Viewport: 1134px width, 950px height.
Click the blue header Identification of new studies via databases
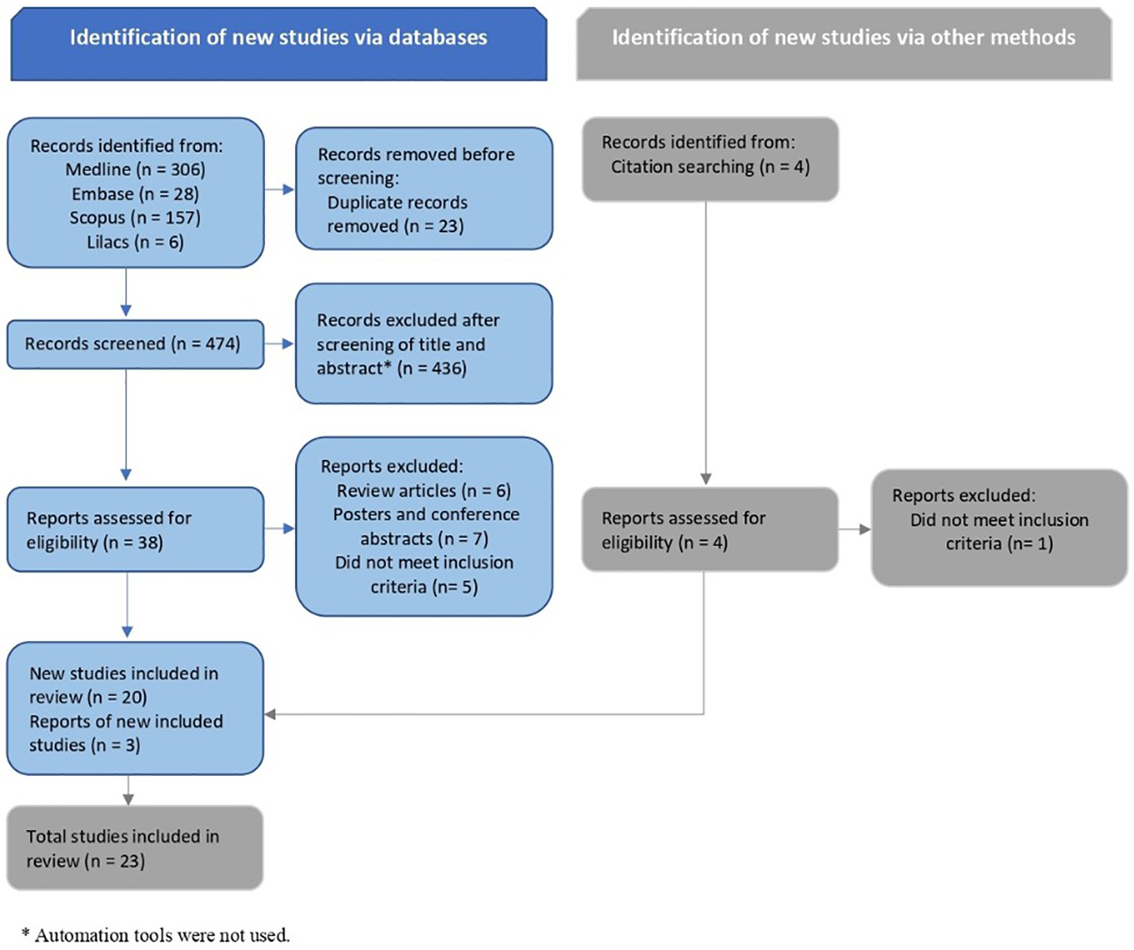point(278,38)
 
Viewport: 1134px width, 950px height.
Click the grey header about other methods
point(843,38)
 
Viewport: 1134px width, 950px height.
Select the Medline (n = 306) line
point(135,170)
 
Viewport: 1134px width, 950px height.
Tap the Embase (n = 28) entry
point(135,194)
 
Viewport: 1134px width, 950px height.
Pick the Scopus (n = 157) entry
point(135,218)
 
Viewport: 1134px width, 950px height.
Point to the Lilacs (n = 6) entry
point(135,242)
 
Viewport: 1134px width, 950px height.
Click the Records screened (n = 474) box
point(133,344)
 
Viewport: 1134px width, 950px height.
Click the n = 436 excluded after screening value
point(432,368)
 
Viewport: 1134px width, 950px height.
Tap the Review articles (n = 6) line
point(424,491)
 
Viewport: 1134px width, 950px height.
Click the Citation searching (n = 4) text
point(710,167)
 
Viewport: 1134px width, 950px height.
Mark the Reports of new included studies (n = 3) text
point(125,733)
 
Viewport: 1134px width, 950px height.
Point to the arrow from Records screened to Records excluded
point(280,344)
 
